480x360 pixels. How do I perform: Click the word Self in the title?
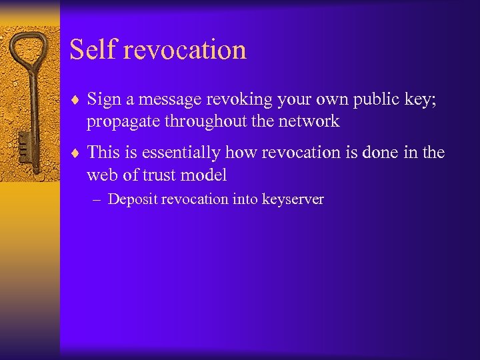coord(91,50)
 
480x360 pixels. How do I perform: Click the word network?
coord(309,121)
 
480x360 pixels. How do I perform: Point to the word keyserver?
coord(293,199)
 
